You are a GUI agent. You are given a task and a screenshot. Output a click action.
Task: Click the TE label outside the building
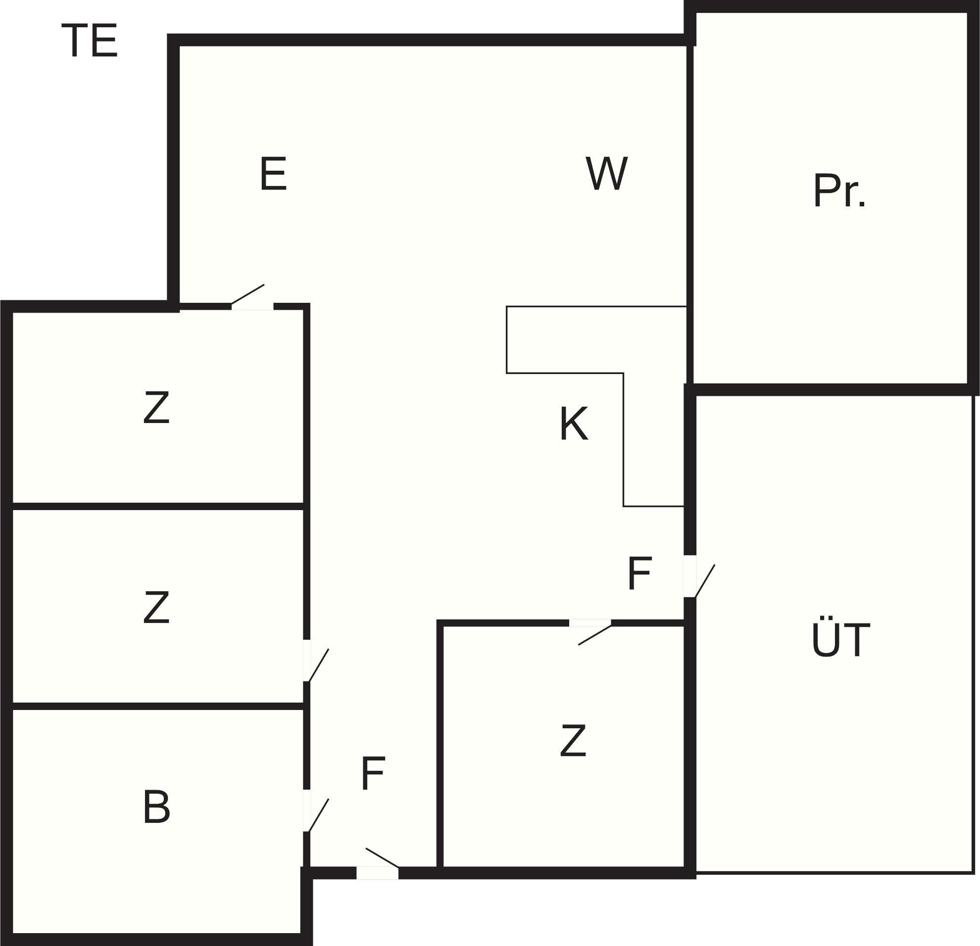pyautogui.click(x=90, y=41)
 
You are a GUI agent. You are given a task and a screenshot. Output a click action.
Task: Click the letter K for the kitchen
pyautogui.click(x=574, y=424)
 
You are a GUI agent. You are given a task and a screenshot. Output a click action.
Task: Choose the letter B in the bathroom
pyautogui.click(x=156, y=806)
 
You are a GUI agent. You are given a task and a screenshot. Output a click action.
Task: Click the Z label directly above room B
pyautogui.click(x=156, y=607)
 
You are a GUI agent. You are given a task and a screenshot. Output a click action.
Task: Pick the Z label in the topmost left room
pyautogui.click(x=156, y=407)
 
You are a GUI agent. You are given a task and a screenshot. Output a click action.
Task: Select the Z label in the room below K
pyautogui.click(x=573, y=741)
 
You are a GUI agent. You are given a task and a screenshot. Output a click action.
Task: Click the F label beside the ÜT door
pyautogui.click(x=639, y=573)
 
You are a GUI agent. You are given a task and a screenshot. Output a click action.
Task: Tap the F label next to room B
pyautogui.click(x=373, y=774)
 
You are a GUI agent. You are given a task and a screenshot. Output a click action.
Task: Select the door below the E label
pyautogui.click(x=247, y=294)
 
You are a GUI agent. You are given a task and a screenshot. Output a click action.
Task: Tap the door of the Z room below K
pyautogui.click(x=594, y=634)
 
